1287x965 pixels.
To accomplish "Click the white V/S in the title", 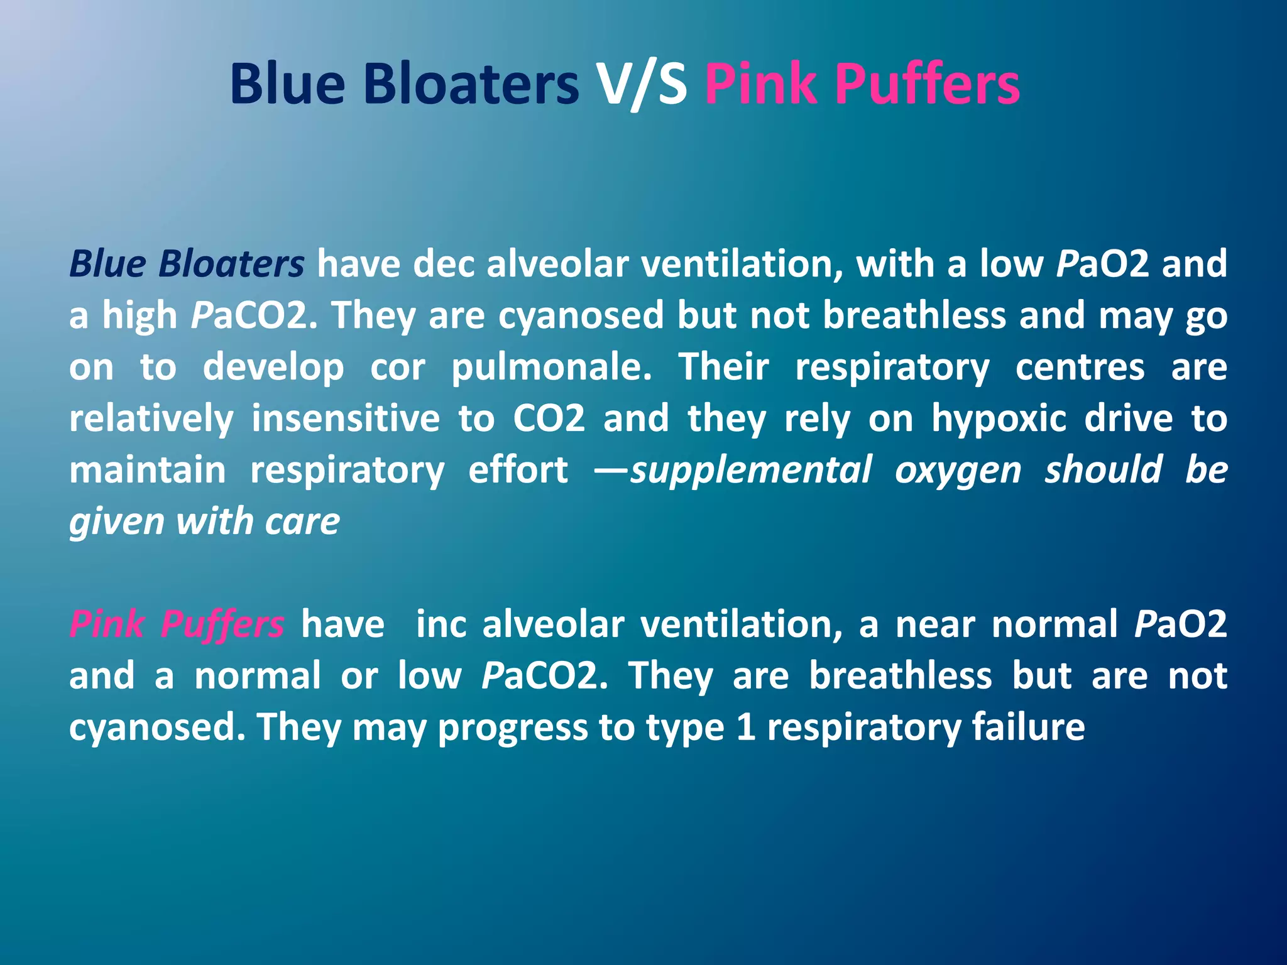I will coord(641,85).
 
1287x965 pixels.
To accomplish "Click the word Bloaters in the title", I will coord(471,85).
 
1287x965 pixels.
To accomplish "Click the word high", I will coord(140,315).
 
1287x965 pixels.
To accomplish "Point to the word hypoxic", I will coord(999,419).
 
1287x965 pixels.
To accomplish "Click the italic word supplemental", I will coord(752,470).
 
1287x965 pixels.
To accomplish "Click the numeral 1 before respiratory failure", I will coord(745,727).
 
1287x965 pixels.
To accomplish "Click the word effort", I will coord(518,470).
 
